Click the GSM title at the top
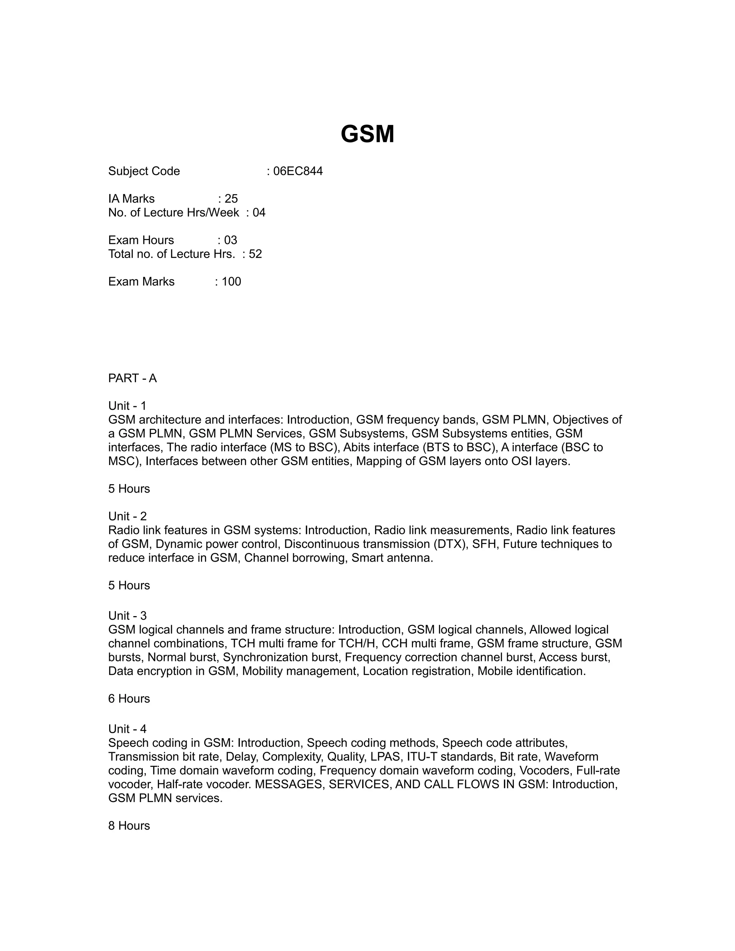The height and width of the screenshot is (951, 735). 367,134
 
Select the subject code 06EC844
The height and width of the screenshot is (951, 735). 298,171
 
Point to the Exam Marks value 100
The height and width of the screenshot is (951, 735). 231,281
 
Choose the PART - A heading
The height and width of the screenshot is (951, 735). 132,378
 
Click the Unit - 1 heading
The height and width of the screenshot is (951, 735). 127,406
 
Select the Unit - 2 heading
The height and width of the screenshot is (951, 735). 127,516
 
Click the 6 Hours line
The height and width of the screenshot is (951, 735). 129,698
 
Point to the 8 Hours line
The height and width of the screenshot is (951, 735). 129,826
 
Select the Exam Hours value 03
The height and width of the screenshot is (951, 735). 230,240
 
